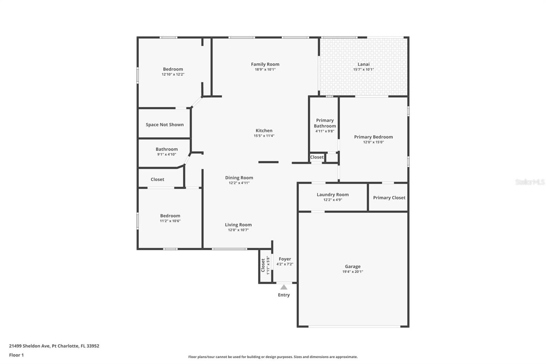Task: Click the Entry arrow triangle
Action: pyautogui.click(x=284, y=287)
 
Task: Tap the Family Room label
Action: pyautogui.click(x=265, y=64)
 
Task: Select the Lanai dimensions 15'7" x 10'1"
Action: pyautogui.click(x=363, y=70)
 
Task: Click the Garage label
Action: pyautogui.click(x=353, y=266)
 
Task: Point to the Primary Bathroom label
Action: pyautogui.click(x=325, y=123)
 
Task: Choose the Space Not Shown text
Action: pyautogui.click(x=164, y=125)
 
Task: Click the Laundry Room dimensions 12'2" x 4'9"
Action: pyautogui.click(x=332, y=200)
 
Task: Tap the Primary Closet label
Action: pyautogui.click(x=389, y=198)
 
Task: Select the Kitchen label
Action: pyautogui.click(x=264, y=130)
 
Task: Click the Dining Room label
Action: pyautogui.click(x=239, y=178)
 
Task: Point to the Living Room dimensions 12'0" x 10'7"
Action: pyautogui.click(x=238, y=230)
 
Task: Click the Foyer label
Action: pyautogui.click(x=285, y=259)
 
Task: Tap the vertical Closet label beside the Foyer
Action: pyautogui.click(x=263, y=265)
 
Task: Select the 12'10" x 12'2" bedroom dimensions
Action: pyautogui.click(x=173, y=74)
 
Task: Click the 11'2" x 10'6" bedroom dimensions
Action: pyautogui.click(x=170, y=221)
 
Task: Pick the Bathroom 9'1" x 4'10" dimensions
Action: pyautogui.click(x=167, y=154)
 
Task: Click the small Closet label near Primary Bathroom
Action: pyautogui.click(x=317, y=157)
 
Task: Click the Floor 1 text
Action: pyautogui.click(x=16, y=355)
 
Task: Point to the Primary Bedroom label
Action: pyautogui.click(x=373, y=137)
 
